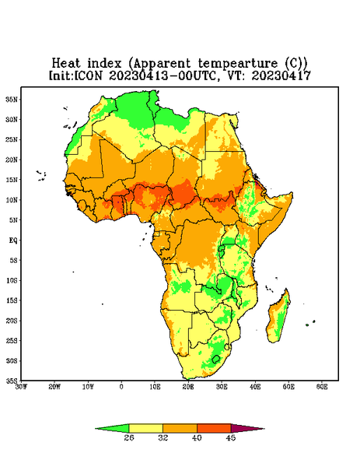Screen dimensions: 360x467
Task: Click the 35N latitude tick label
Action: click(12, 99)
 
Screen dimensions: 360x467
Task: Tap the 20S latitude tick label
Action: click(12, 321)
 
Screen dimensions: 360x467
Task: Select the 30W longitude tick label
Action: click(21, 387)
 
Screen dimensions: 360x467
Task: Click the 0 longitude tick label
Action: click(121, 387)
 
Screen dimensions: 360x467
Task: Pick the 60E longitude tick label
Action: click(322, 387)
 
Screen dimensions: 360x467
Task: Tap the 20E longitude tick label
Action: click(188, 387)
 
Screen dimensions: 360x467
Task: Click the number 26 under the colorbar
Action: click(129, 437)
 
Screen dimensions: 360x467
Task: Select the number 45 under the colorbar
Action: click(231, 437)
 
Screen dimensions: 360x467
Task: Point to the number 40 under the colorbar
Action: click(197, 437)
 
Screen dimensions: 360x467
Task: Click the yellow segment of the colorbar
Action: click(145, 428)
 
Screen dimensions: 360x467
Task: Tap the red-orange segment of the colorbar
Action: click(214, 428)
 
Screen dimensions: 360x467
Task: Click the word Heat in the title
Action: click(66, 64)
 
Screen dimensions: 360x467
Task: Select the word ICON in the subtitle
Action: click(89, 75)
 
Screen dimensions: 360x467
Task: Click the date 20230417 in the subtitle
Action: click(281, 75)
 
